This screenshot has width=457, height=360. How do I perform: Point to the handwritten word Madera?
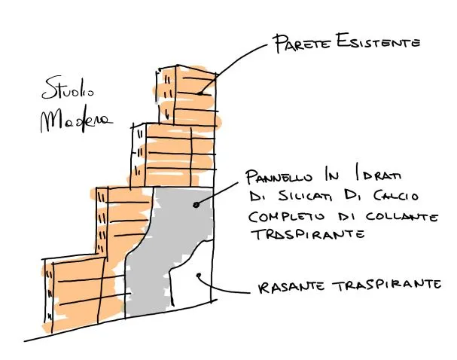(75, 120)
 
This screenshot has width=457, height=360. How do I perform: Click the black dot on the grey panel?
(196, 204)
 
